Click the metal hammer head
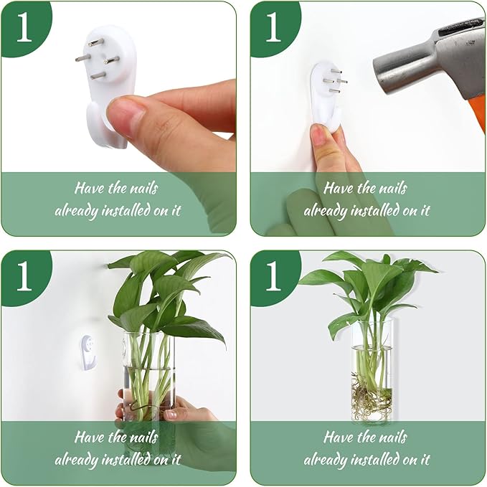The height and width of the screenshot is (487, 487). [x=423, y=61]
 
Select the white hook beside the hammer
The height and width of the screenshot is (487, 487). [x=324, y=93]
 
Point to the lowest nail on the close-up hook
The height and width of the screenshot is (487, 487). [x=96, y=75]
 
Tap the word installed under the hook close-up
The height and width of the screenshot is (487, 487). [x=132, y=211]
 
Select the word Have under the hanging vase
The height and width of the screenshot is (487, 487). [x=339, y=438]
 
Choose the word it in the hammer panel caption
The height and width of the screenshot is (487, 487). [x=424, y=211]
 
